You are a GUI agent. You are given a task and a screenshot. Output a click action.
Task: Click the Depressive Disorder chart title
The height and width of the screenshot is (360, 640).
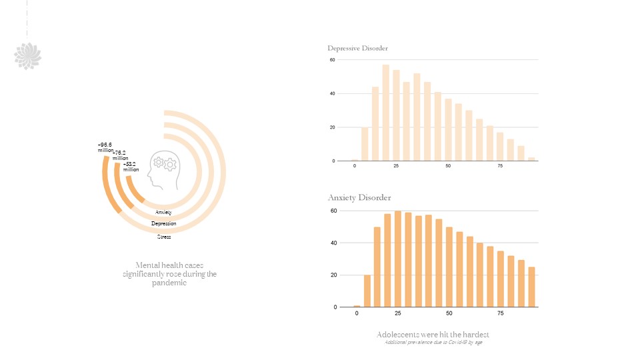tap(357, 48)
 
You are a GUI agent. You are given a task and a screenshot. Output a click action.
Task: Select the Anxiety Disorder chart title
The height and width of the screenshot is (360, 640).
tap(359, 197)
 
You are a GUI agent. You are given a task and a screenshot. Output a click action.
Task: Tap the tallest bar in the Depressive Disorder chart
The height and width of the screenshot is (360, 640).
tap(385, 113)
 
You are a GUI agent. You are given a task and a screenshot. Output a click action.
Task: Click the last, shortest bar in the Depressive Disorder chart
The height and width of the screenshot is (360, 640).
tap(531, 159)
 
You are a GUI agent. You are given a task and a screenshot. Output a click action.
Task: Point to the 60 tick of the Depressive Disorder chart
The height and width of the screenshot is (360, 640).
tap(332, 60)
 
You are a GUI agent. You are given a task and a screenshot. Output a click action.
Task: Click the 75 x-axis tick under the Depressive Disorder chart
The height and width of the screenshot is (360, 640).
tap(500, 166)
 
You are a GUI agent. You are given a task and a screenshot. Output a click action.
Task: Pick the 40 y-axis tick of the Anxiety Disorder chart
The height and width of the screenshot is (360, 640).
tap(334, 243)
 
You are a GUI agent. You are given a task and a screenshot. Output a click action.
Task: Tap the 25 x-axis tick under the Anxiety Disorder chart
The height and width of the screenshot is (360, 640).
tap(397, 313)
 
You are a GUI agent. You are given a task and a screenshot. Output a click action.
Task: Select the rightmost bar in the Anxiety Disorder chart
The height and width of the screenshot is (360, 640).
tap(531, 287)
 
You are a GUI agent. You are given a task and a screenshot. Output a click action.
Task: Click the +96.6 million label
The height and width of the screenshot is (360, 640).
tap(105, 147)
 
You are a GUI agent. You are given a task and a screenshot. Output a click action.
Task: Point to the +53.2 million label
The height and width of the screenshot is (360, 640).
tap(131, 166)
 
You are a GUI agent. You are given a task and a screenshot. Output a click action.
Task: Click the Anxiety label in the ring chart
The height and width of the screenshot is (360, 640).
tap(163, 212)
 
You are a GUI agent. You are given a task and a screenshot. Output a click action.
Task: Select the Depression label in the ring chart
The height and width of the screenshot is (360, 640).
tap(163, 224)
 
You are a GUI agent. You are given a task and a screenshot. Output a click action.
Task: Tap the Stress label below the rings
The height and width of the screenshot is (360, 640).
tap(163, 237)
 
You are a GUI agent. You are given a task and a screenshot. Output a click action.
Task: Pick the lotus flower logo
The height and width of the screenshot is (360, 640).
tap(28, 56)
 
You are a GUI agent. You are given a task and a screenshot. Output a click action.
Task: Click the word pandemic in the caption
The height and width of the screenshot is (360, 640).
tap(169, 283)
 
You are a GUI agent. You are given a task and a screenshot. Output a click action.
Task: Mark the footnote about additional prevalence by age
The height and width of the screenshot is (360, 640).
tap(433, 343)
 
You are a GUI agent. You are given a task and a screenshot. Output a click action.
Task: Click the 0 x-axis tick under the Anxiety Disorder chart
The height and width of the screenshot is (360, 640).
tap(357, 313)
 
